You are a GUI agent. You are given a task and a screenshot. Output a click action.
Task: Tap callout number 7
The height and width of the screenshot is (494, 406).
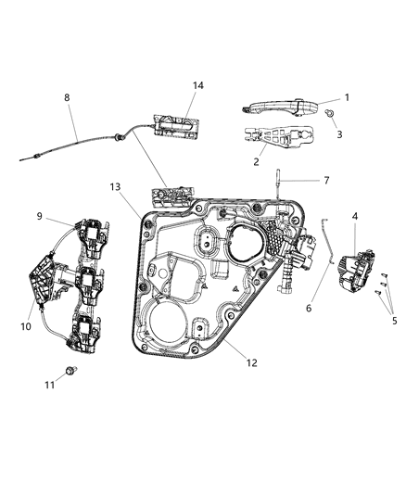tap(324, 180)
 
